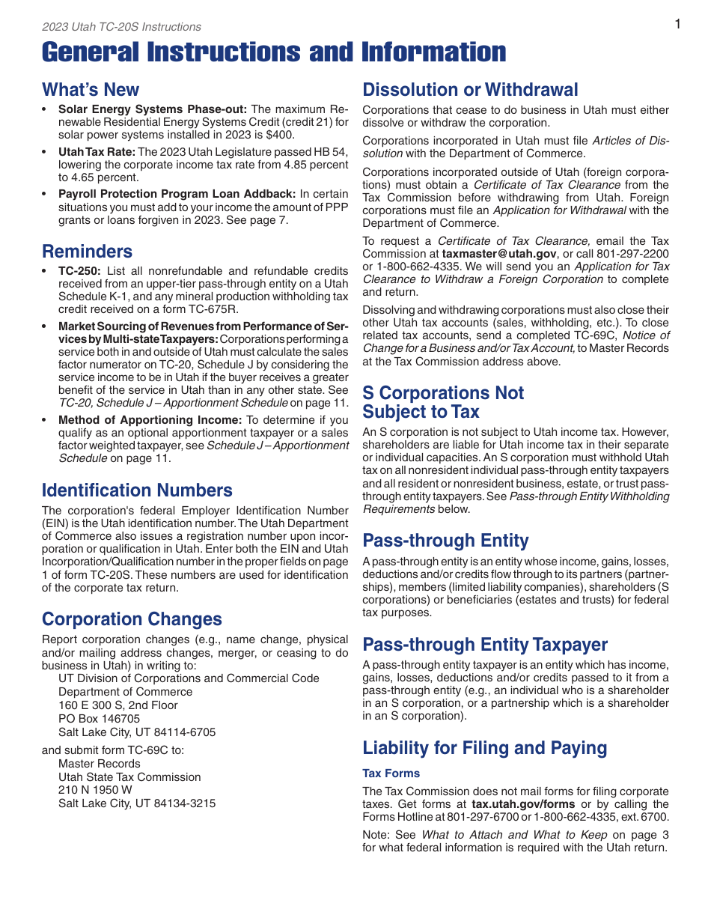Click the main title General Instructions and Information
point(274,52)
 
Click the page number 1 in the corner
point(677,25)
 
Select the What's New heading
point(91,90)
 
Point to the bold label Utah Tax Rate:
point(97,152)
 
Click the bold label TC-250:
point(81,271)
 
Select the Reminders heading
point(87,252)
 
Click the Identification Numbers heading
point(137,490)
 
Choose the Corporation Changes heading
point(132,619)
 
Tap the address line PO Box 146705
point(99,719)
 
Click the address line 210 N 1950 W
point(95,790)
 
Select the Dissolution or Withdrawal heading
point(470,90)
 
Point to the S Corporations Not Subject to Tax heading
point(443,402)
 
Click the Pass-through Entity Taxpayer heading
point(485,645)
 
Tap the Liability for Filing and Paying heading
point(484,748)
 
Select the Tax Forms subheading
point(391,773)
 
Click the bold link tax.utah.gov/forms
point(513,804)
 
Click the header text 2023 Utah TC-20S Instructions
point(121,27)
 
